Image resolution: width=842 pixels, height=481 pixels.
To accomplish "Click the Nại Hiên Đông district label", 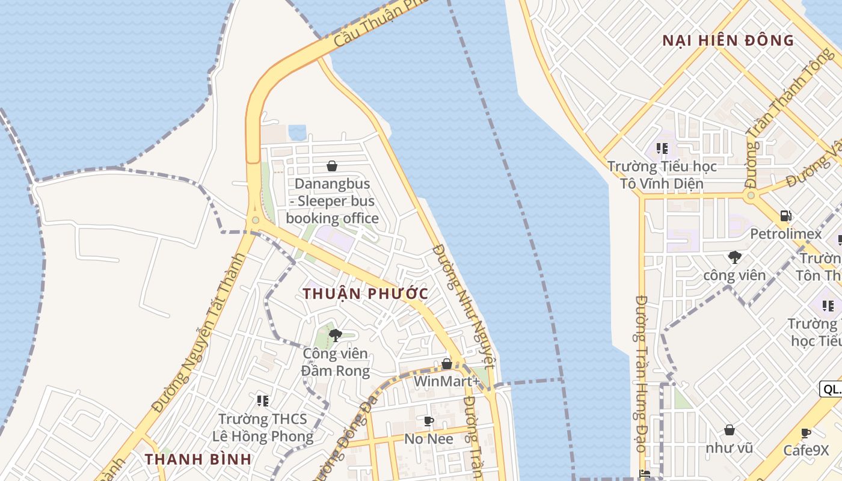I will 728,41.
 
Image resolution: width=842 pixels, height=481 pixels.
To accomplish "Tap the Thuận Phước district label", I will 366,294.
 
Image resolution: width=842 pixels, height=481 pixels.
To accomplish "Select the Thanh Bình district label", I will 198,459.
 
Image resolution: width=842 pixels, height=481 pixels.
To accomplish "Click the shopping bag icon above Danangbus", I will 331,166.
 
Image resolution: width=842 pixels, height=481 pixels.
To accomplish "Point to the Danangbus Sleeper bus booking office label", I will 332,201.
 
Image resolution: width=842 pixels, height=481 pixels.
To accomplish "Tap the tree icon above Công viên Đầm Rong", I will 336,335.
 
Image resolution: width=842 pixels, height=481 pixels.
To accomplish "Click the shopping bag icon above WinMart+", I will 447,364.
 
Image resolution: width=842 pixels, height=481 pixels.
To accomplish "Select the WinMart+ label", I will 447,382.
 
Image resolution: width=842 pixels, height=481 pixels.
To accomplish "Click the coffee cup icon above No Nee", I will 428,421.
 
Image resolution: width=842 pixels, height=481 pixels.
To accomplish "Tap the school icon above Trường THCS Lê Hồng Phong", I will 262,400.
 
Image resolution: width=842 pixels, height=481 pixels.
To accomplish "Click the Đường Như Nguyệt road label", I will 464,305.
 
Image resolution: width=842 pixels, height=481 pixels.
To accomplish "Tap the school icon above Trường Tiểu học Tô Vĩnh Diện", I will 662,148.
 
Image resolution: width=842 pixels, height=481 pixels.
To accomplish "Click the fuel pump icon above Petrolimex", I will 785,216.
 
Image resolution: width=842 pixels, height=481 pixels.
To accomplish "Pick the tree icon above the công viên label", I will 734,257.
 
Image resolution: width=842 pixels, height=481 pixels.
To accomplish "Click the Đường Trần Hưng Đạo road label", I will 641,373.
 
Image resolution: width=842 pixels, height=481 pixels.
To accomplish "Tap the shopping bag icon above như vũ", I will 729,430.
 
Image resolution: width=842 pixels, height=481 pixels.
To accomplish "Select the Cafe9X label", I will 806,450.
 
